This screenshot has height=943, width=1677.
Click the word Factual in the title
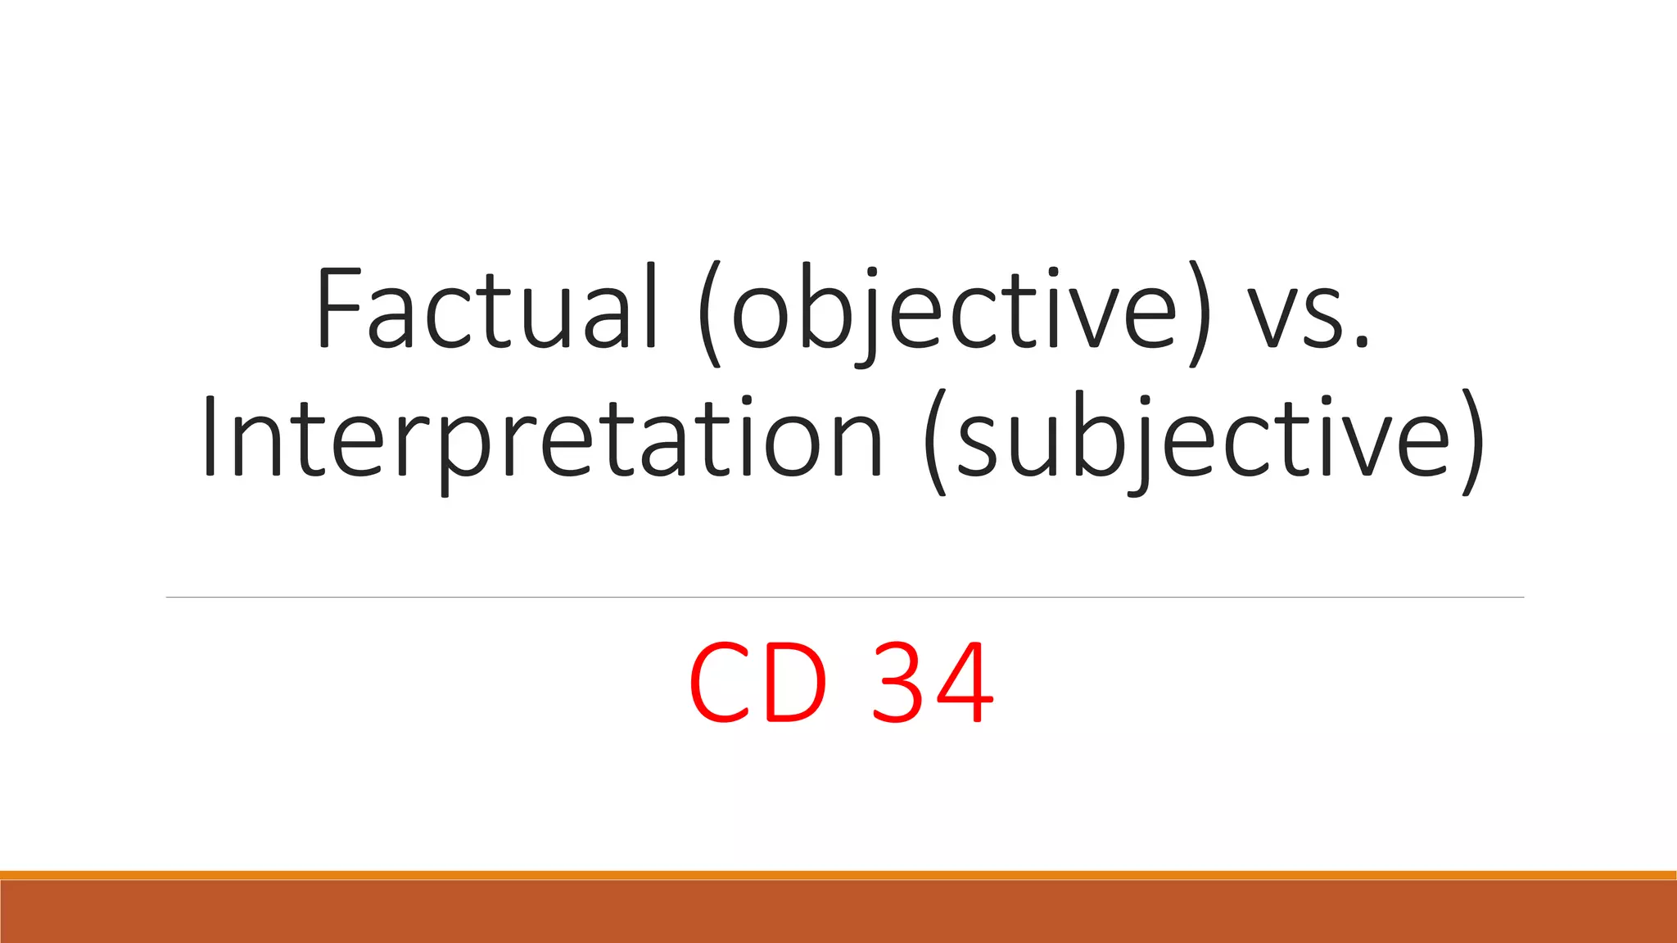tap(486, 307)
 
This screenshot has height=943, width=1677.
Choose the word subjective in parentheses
tap(1203, 438)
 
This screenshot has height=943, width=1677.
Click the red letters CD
tap(758, 683)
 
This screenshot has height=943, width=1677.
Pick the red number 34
tap(933, 683)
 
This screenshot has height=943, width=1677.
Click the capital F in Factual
tap(337, 307)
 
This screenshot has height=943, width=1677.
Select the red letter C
tap(718, 683)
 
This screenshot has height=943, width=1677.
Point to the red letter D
tap(795, 683)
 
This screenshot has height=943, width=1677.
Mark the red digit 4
tap(967, 683)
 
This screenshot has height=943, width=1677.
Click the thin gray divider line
tap(843, 598)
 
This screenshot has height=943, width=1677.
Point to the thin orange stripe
tap(838, 875)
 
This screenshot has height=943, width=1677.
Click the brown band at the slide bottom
tap(838, 912)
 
